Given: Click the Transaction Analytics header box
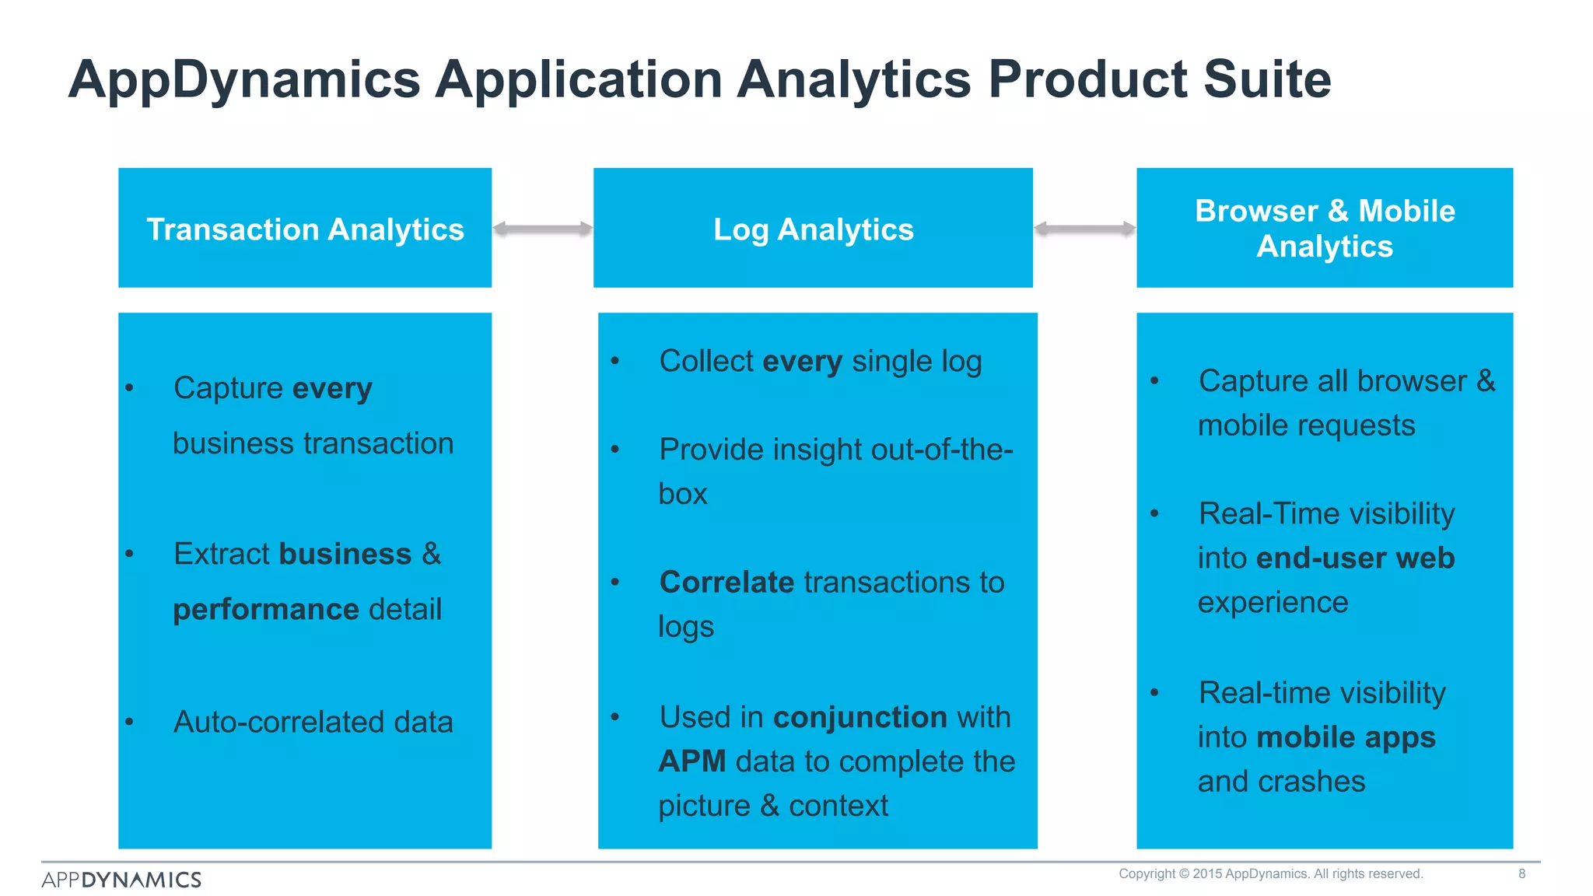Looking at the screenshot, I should (x=305, y=228).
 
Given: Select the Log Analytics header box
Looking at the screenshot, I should (x=813, y=228).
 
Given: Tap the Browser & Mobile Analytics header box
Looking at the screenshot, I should (x=1324, y=228).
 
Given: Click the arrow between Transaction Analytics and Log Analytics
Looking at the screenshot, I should (x=542, y=229).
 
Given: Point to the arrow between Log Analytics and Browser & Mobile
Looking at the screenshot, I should (x=1084, y=229).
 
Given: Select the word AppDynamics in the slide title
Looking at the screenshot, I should (x=244, y=80).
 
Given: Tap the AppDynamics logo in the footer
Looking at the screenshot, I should (x=121, y=880).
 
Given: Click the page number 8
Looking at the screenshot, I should (x=1521, y=873).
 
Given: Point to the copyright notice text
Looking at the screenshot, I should (x=1270, y=873).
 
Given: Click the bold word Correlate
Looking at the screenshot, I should (x=726, y=582).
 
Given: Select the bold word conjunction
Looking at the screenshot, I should (x=860, y=716).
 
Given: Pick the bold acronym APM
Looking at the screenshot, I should (x=691, y=761).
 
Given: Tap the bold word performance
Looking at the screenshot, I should (x=265, y=609).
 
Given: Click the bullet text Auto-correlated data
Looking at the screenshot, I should (x=313, y=722).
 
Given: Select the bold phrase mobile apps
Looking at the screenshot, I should (x=1346, y=737).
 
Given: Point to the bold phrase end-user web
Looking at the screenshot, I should (x=1355, y=558).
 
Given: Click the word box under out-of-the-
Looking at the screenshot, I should (x=682, y=494).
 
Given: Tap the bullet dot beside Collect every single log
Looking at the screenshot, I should (x=614, y=361).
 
